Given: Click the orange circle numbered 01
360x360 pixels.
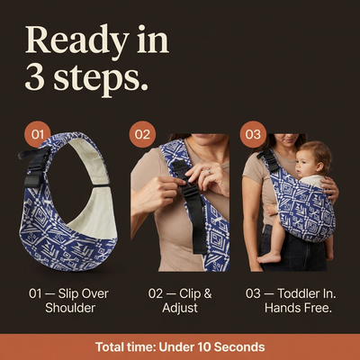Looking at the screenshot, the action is [38, 134].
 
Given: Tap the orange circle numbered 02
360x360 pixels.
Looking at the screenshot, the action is [142, 134].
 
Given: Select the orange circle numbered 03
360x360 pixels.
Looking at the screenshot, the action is [253, 134].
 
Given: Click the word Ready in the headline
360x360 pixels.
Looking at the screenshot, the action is [77, 41].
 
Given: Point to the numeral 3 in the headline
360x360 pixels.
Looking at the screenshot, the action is [34, 78].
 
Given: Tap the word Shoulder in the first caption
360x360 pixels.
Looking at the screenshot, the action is [70, 308].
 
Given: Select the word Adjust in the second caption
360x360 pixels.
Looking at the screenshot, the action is [180, 308].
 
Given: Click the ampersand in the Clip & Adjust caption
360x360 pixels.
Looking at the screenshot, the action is [208, 293].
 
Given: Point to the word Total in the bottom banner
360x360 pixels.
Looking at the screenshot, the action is [108, 346].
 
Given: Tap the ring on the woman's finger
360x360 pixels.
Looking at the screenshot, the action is [209, 172].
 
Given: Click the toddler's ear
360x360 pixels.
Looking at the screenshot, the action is [318, 166].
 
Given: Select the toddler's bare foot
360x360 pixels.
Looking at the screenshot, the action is [269, 257].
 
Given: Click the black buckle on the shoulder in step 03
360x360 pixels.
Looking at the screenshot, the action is [269, 159].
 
